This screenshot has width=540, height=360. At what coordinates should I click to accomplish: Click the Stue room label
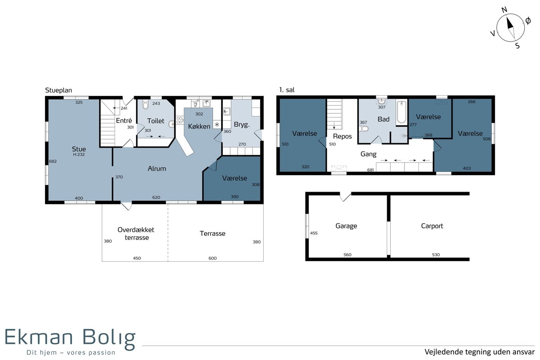click(x=79, y=149)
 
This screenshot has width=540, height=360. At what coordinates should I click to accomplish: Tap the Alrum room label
click(x=157, y=169)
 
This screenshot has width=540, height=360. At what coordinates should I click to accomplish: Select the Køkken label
click(x=199, y=126)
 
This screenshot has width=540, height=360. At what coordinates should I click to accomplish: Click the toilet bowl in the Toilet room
click(x=145, y=105)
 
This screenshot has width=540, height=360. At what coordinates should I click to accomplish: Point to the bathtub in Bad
click(x=401, y=112)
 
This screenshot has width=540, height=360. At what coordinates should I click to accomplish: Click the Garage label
click(x=346, y=226)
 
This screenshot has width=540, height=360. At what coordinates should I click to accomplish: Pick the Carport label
click(x=432, y=226)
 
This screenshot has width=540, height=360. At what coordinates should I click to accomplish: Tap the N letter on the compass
click(x=504, y=10)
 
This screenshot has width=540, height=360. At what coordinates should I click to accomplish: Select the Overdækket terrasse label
click(x=136, y=234)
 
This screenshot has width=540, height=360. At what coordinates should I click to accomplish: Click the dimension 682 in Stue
click(x=53, y=161)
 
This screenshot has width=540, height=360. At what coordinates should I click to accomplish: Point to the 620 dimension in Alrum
click(x=156, y=198)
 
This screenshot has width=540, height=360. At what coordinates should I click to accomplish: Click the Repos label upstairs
click(x=342, y=136)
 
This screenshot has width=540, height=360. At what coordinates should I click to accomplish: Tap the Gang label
click(x=369, y=154)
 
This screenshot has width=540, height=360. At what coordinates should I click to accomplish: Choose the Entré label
click(x=124, y=121)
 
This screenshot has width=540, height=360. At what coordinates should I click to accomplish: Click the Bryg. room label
click(x=242, y=125)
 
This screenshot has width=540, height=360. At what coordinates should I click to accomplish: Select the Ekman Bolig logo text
click(x=70, y=338)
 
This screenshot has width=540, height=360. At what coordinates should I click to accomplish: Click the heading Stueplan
click(x=58, y=90)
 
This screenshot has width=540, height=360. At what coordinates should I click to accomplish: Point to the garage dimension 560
click(x=347, y=255)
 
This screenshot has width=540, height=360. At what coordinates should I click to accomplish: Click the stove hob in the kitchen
click(x=180, y=120)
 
